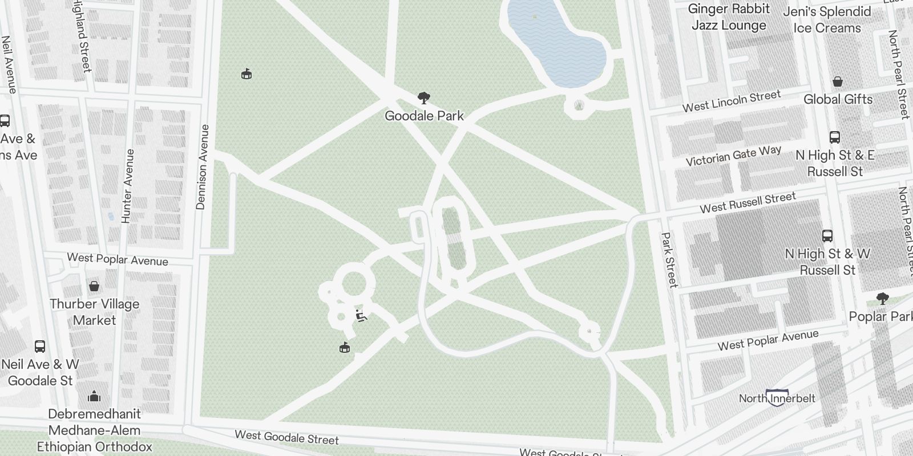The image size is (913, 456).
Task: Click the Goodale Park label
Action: (424, 116)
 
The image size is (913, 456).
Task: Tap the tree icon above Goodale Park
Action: (423, 98)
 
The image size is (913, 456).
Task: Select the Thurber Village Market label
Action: (94, 312)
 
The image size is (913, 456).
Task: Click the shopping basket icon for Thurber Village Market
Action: (94, 286)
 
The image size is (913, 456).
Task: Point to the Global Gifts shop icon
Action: (837, 82)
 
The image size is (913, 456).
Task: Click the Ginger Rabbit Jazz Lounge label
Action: (729, 17)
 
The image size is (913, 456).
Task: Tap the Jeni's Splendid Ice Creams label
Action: (827, 20)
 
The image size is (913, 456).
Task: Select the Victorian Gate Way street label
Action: (733, 156)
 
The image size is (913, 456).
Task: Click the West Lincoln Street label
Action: (732, 101)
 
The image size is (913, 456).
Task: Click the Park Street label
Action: (669, 259)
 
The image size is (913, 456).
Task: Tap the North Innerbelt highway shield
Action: (777, 397)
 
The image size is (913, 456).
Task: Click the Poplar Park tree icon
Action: (882, 298)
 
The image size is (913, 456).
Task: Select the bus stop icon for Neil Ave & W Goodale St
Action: (40, 346)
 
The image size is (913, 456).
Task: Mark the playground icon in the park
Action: (361, 315)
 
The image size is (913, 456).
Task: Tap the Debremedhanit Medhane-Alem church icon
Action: (94, 396)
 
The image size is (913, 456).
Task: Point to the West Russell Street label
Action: (748, 202)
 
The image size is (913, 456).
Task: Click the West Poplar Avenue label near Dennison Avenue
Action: (118, 259)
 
